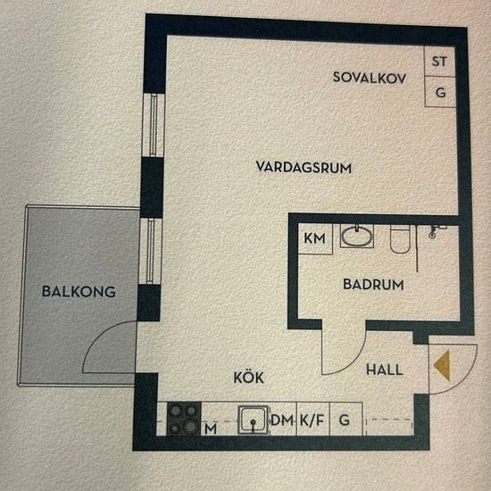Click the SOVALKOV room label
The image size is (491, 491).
[369, 78]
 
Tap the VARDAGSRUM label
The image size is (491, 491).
[303, 167]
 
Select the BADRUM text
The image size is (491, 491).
[374, 286]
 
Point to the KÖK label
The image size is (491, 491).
[249, 378]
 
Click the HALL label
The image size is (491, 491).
[385, 369]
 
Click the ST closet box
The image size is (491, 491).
[438, 62]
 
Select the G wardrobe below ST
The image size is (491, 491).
[439, 91]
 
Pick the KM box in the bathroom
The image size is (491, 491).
[314, 238]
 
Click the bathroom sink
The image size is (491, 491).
[358, 237]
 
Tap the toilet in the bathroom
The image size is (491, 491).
[400, 239]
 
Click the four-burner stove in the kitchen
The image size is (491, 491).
[186, 416]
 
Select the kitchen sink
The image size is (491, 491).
[254, 419]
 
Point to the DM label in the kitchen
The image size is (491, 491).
[282, 420]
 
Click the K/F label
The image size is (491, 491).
[312, 420]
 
